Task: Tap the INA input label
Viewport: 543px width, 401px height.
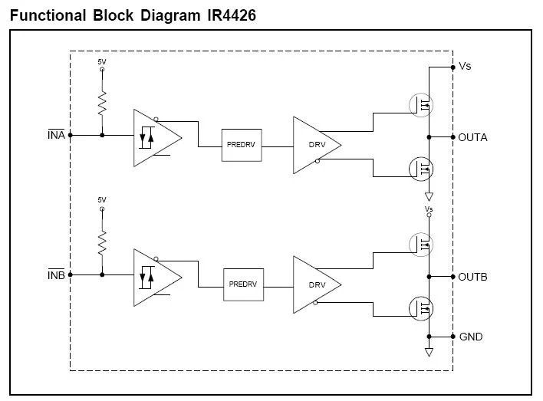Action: (56, 135)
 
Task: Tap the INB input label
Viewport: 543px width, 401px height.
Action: (56, 274)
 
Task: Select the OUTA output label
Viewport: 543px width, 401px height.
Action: (472, 138)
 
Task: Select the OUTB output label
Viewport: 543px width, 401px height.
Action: (472, 277)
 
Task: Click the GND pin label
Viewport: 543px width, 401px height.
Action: (471, 337)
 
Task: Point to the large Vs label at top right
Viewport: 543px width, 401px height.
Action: (465, 67)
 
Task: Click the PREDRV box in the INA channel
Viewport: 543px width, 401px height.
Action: (240, 144)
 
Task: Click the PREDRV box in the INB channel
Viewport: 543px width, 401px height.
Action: (243, 284)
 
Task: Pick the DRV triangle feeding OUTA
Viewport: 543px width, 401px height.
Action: (313, 145)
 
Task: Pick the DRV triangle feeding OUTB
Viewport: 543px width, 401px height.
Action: (313, 284)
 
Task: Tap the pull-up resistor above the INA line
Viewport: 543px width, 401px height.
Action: (102, 104)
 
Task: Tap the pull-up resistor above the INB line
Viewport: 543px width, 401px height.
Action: (102, 242)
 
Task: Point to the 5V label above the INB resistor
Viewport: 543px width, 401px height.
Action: (102, 199)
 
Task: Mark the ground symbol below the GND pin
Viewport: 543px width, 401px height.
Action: (429, 352)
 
